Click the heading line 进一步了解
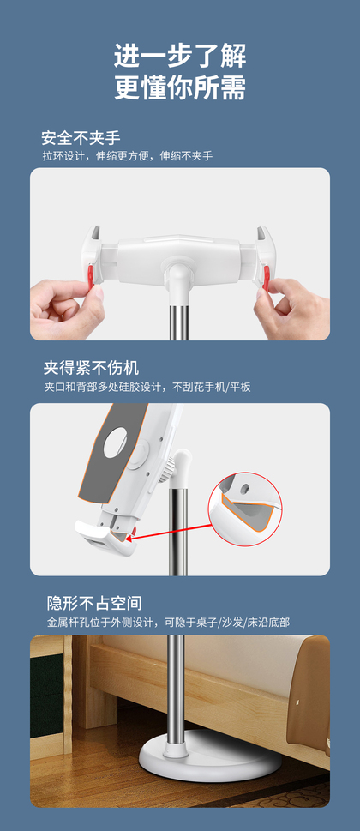180,56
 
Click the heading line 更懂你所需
180,87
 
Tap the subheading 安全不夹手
81,138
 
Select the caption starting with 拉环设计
127,156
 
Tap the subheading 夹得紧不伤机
91,368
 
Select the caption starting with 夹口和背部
147,387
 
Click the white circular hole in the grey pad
116,443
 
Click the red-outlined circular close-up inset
244,509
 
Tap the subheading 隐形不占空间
94,603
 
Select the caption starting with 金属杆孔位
168,623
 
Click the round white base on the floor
210,759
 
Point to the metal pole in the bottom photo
177,689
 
